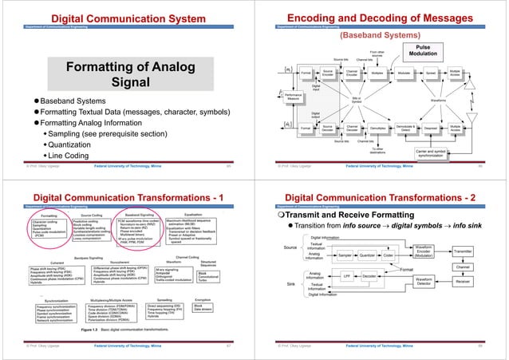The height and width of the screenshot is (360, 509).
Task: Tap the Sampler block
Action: click(x=345, y=255)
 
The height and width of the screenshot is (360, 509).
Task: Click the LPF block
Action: click(x=347, y=276)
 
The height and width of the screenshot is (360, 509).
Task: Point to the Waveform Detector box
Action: click(x=424, y=280)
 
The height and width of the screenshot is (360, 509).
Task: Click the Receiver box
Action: click(x=464, y=281)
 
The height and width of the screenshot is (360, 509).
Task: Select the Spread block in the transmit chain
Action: click(x=431, y=73)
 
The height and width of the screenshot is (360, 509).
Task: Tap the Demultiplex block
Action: click(x=379, y=128)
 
